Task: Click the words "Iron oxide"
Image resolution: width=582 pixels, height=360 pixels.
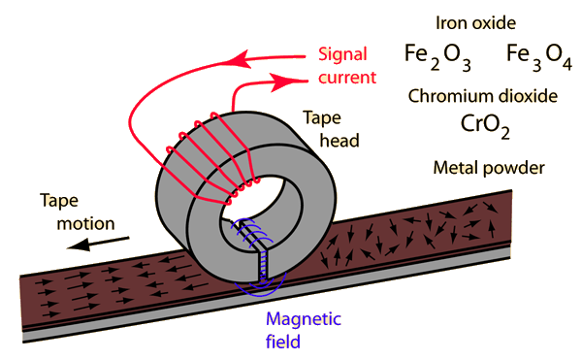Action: point(475,23)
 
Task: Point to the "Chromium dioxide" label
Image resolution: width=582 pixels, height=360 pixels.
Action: point(482,96)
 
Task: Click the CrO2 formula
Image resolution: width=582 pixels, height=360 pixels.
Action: point(485,126)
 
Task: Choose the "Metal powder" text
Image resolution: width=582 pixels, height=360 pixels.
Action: point(489,168)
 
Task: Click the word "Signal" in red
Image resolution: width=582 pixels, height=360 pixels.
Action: point(342,55)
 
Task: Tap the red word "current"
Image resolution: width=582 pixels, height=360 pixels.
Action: point(347,78)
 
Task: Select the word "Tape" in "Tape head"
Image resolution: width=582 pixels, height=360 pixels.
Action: point(322,118)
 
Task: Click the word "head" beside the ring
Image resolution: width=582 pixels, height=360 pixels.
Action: point(339,141)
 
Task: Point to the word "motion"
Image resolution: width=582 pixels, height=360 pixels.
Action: point(85,224)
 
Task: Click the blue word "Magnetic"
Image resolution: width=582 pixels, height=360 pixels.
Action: point(304,320)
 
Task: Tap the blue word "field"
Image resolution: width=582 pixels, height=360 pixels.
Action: point(283,342)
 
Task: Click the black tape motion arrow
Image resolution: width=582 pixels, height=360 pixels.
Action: point(98,244)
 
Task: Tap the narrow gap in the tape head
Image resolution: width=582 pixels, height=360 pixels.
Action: point(263,265)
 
